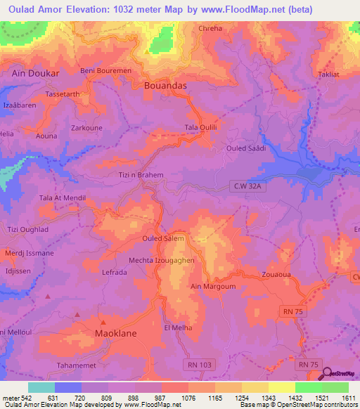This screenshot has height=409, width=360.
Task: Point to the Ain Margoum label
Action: [213, 287]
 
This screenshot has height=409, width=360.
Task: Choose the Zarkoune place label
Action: [87, 129]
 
